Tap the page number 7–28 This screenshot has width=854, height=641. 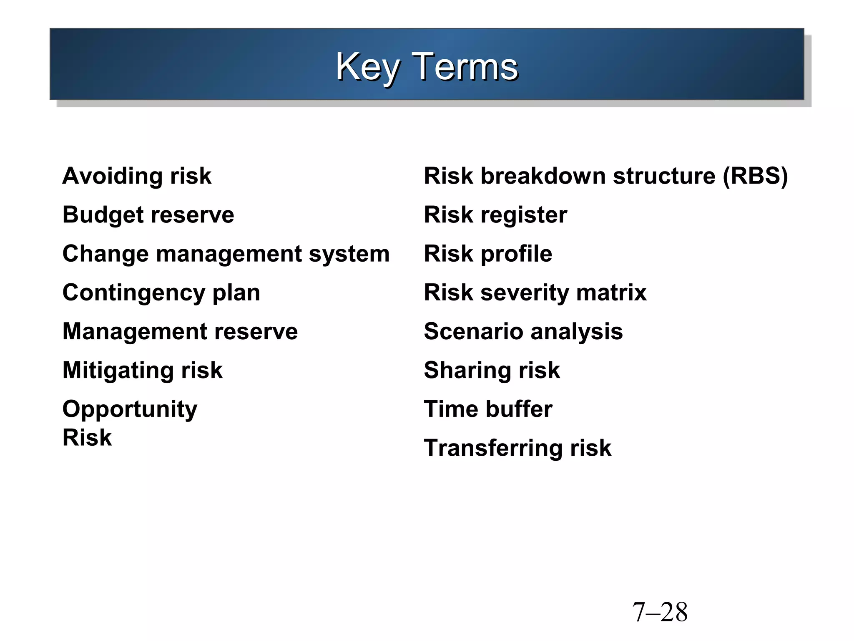[660, 612]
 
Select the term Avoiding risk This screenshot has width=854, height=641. [137, 176]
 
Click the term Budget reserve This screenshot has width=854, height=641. [148, 215]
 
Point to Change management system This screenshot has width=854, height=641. [226, 254]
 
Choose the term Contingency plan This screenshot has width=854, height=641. [161, 293]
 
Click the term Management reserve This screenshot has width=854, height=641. [180, 331]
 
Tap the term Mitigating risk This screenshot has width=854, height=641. [142, 370]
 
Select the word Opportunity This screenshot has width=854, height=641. [130, 409]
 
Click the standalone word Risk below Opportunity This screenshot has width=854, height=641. [87, 438]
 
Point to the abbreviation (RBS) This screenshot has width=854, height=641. [755, 176]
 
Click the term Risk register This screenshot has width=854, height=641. [495, 215]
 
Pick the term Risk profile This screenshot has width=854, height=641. [488, 254]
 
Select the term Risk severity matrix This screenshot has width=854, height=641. [535, 293]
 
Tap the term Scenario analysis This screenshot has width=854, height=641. [523, 331]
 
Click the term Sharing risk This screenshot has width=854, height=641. [492, 370]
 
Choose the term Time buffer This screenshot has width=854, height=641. [488, 409]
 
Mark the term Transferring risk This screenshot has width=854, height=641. [517, 448]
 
